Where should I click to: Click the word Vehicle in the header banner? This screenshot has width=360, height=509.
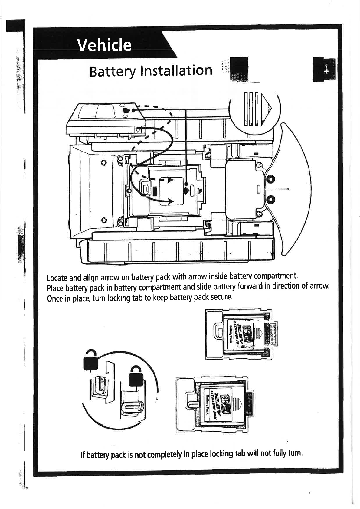click(104, 45)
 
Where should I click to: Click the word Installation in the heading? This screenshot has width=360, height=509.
click(176, 71)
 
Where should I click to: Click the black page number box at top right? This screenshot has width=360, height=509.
click(324, 70)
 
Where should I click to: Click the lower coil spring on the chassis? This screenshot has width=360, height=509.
click(208, 224)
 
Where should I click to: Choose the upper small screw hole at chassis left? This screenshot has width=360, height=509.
click(104, 163)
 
